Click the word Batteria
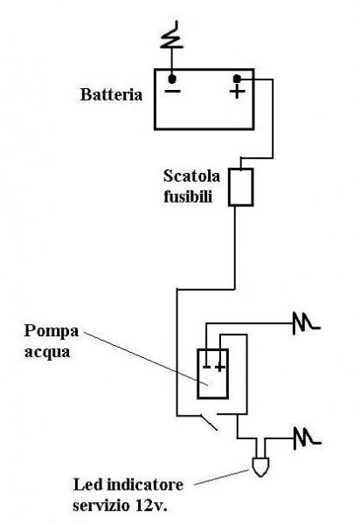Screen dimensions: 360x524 (x=111, y=94)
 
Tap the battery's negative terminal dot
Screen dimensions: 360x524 (x=172, y=79)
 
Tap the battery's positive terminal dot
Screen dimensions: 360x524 (x=237, y=79)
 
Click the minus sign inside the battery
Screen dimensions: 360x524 (x=173, y=91)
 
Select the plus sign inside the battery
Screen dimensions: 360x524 (x=237, y=92)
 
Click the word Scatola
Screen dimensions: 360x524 (x=191, y=176)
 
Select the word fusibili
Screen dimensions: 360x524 (x=188, y=196)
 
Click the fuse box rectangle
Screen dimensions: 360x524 (x=240, y=187)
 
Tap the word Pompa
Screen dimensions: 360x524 (x=52, y=332)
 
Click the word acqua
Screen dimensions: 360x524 (x=47, y=353)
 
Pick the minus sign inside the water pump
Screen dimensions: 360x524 (x=207, y=367)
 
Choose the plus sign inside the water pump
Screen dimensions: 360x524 (x=219, y=368)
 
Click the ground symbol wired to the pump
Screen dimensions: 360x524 (x=307, y=323)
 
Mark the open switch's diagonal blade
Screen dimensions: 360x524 (x=209, y=422)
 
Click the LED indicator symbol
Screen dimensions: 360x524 (x=260, y=466)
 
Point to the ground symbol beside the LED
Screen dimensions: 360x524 (x=308, y=438)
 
